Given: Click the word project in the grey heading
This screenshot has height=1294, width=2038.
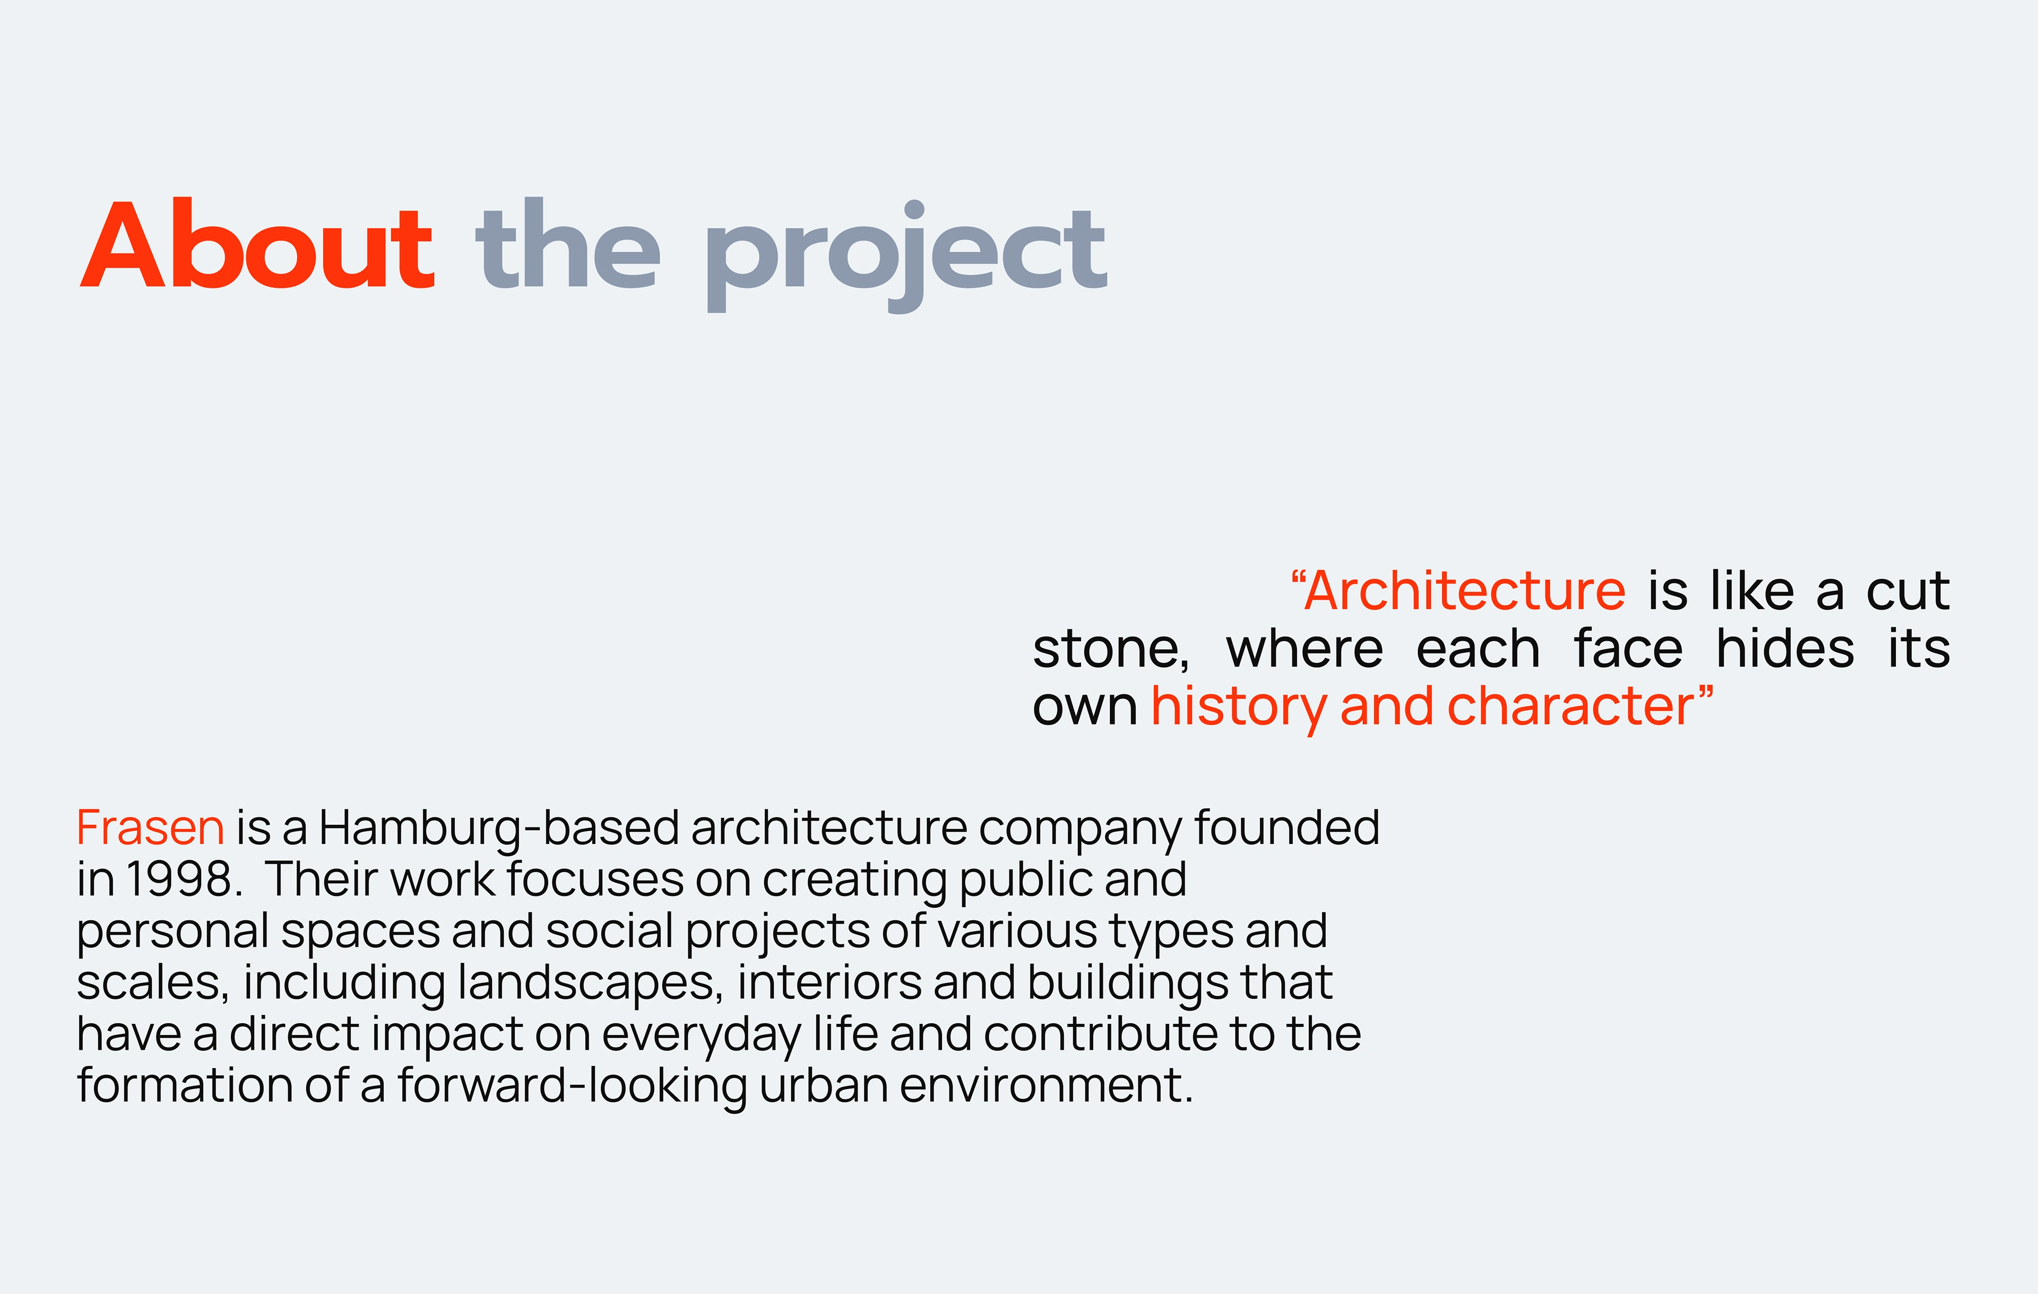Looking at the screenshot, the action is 905,256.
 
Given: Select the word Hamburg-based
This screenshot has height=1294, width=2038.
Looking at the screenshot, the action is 499,829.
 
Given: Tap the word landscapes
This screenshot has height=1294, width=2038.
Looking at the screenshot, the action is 590,984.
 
